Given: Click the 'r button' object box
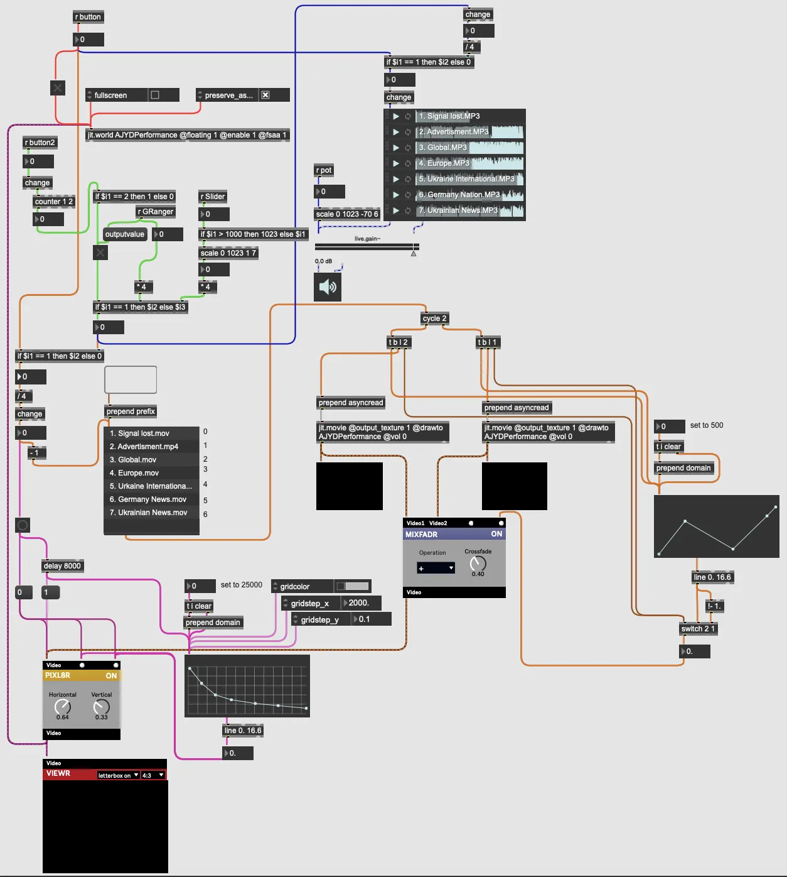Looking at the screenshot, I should [x=88, y=17].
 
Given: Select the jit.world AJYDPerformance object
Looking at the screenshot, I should [x=187, y=135].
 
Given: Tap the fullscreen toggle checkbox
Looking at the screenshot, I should [x=155, y=95].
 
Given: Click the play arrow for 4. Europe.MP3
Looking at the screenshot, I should [x=396, y=163].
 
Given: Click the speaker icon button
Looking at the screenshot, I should [x=328, y=287].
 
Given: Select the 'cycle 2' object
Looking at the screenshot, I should [x=434, y=319].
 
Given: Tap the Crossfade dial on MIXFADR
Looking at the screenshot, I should [x=478, y=564].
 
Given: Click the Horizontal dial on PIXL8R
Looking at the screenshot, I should [x=62, y=707].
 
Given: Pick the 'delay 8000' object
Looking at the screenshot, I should [x=62, y=566].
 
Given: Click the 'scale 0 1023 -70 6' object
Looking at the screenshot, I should [x=347, y=214].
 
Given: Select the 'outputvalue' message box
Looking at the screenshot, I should [x=125, y=234].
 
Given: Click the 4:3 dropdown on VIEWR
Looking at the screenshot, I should [x=153, y=775].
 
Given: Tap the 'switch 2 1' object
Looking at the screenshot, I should [x=698, y=629].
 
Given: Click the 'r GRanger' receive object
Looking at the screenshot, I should [x=156, y=212].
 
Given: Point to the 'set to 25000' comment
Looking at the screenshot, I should [x=242, y=585].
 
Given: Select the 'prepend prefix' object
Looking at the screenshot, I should [x=131, y=411].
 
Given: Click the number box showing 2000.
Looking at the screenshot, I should [x=361, y=603].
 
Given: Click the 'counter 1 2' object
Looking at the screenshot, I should [x=54, y=202].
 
